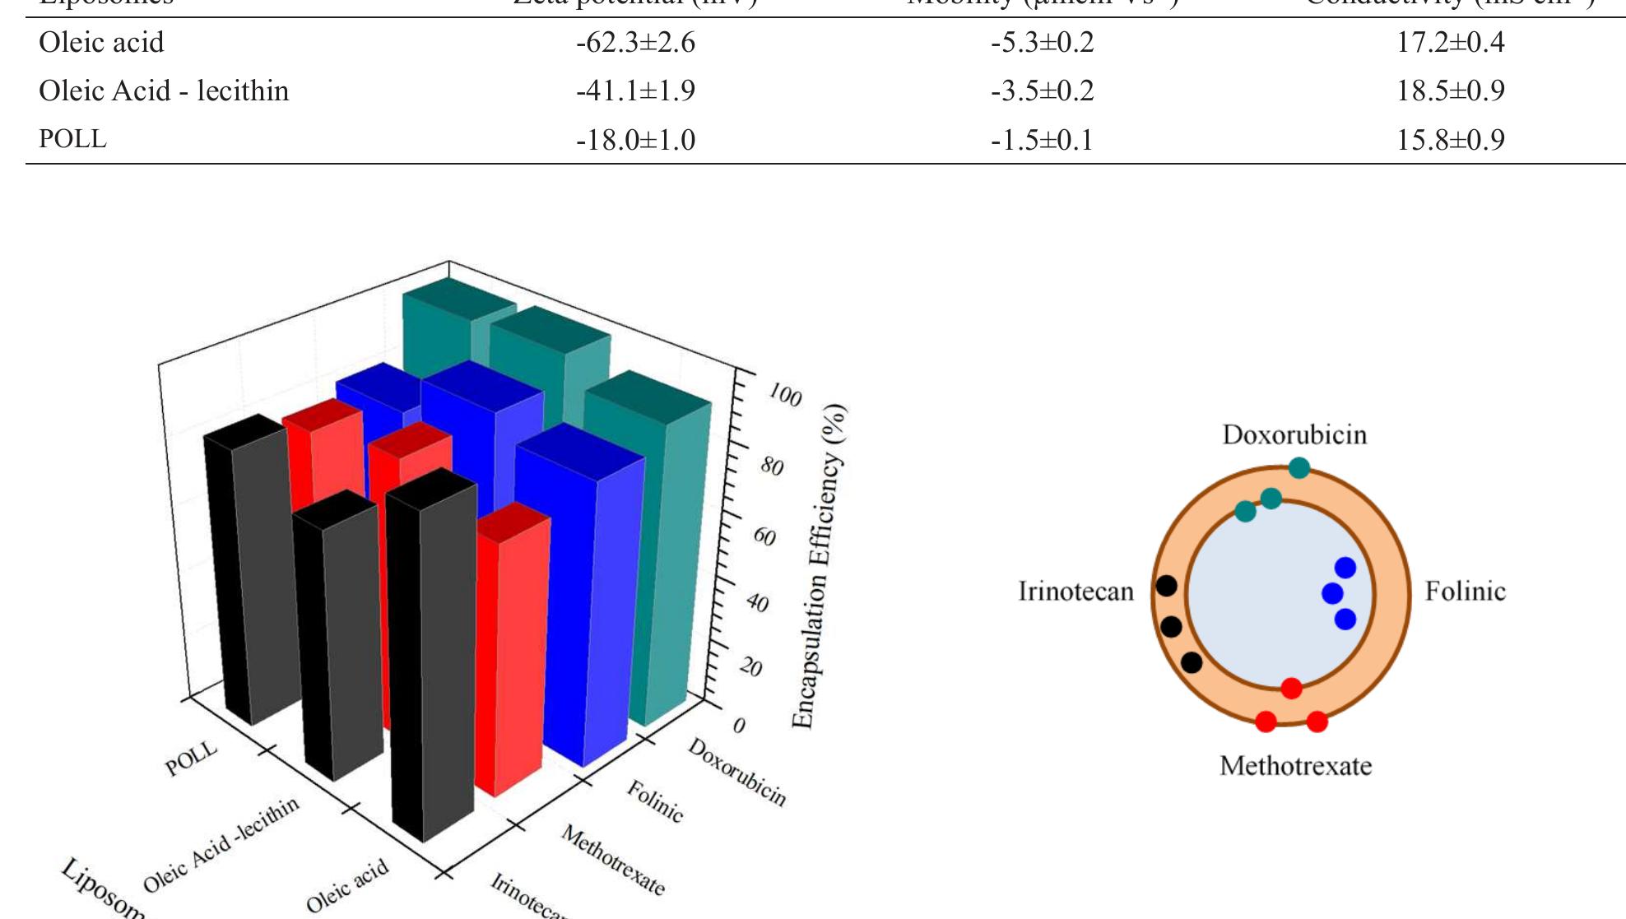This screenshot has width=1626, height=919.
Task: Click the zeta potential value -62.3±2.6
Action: (635, 42)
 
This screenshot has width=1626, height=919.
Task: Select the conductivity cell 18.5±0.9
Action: (1450, 91)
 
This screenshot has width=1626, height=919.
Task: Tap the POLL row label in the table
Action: (72, 139)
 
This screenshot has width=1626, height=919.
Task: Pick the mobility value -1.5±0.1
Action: (1042, 140)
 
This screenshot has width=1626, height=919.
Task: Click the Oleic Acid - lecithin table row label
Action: (164, 91)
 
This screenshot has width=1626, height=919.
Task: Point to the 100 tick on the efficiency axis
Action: (784, 397)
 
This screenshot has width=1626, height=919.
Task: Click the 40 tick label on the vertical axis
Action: (757, 605)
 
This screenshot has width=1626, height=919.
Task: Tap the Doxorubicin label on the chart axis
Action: (736, 772)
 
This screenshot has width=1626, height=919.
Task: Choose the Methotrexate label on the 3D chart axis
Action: (612, 860)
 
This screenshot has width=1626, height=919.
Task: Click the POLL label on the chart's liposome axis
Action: (191, 759)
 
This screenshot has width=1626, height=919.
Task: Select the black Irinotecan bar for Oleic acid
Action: (432, 658)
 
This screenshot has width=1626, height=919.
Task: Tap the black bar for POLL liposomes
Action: (247, 576)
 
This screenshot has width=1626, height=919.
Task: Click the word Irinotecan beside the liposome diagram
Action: (1075, 592)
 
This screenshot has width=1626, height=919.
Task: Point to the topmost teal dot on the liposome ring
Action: (1298, 468)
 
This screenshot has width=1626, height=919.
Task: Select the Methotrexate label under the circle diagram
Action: (1295, 766)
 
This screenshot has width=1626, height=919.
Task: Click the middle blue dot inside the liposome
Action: (1331, 593)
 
